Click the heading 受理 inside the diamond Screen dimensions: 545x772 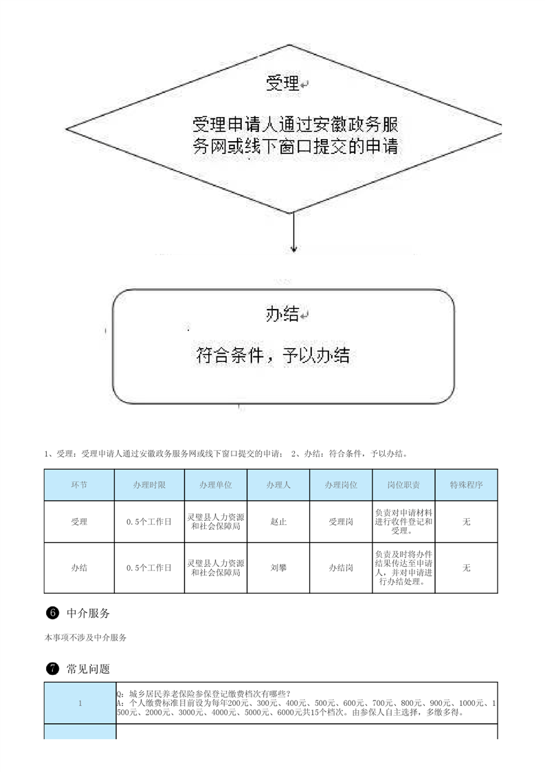pyautogui.click(x=282, y=83)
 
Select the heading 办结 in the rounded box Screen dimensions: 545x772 pyautogui.click(x=282, y=314)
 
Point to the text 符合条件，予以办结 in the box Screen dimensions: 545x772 pyautogui.click(x=273, y=355)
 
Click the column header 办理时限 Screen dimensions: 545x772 pyautogui.click(x=149, y=485)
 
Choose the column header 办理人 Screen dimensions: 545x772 pyautogui.click(x=278, y=485)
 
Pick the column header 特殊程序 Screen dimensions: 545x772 pyautogui.click(x=466, y=485)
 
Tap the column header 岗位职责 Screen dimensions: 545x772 pyautogui.click(x=403, y=485)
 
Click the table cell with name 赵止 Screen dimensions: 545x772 pyautogui.click(x=278, y=522)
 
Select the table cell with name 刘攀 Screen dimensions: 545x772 pyautogui.click(x=278, y=568)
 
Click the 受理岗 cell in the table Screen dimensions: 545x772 pyautogui.click(x=341, y=522)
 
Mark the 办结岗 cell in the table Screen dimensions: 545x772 pyautogui.click(x=341, y=568)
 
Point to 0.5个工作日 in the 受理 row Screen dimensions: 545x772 pyautogui.click(x=149, y=522)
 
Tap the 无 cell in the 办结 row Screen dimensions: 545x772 pyautogui.click(x=466, y=568)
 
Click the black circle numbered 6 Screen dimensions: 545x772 pyautogui.click(x=52, y=613)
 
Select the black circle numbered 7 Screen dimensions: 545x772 pyautogui.click(x=52, y=669)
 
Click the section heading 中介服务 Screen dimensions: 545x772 pyautogui.click(x=88, y=613)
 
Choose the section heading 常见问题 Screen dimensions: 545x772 pyautogui.click(x=88, y=669)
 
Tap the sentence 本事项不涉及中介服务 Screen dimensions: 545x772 pyautogui.click(x=86, y=638)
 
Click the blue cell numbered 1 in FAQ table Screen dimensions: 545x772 pyautogui.click(x=80, y=703)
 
